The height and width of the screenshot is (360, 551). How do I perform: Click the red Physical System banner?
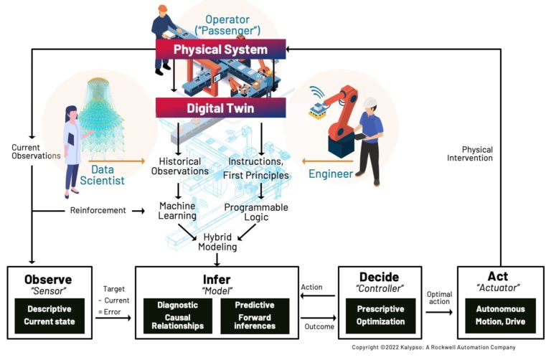(221, 49)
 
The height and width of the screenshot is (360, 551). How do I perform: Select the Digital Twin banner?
(221, 108)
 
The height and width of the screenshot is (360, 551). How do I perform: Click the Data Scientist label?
(107, 174)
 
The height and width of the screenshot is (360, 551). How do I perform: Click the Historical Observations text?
(179, 166)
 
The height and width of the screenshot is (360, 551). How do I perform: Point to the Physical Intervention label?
(470, 153)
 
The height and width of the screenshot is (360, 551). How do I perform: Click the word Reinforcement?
(98, 210)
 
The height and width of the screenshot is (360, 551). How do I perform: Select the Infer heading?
(217, 278)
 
